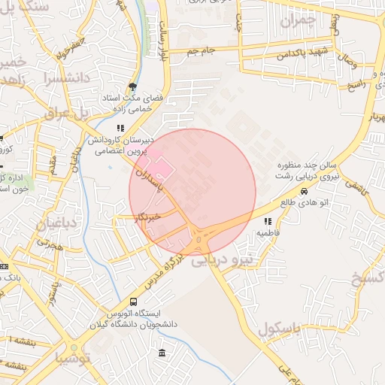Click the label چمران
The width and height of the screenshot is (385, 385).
295,21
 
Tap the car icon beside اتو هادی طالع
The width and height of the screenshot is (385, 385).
304,191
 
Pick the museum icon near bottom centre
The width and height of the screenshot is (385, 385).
162,353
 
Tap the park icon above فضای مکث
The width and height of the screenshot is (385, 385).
133,86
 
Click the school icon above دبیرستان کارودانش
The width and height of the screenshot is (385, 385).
121,128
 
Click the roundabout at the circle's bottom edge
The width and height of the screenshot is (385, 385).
199,241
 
